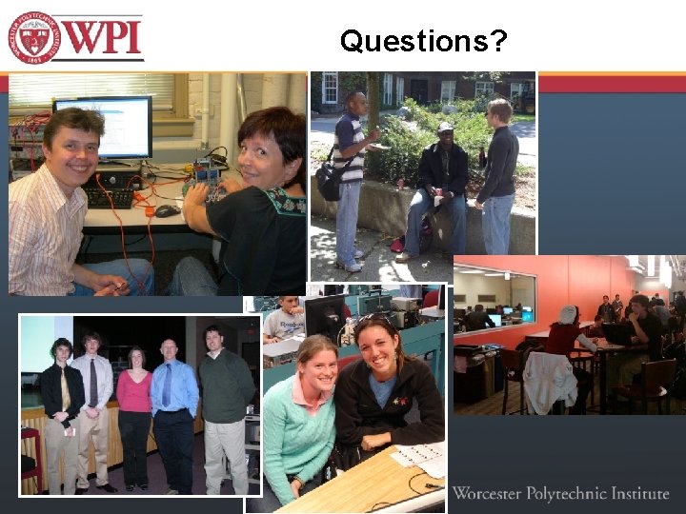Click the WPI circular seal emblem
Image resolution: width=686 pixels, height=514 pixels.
pos(34,37)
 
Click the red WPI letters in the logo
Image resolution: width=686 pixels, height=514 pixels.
pos(103,37)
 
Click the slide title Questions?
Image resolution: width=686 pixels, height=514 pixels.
pos(423,41)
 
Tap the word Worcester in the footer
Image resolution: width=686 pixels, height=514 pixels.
pos(491,493)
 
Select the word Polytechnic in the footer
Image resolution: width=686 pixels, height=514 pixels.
pos(570,493)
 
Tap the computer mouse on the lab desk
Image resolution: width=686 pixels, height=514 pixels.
pos(167,211)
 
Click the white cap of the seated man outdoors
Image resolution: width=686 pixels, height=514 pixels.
pos(445,127)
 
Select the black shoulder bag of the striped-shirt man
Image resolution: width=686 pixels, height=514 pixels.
pos(329,182)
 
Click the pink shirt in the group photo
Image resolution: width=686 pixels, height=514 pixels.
pos(134,390)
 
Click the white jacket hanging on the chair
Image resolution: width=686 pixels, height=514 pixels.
pos(550,382)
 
